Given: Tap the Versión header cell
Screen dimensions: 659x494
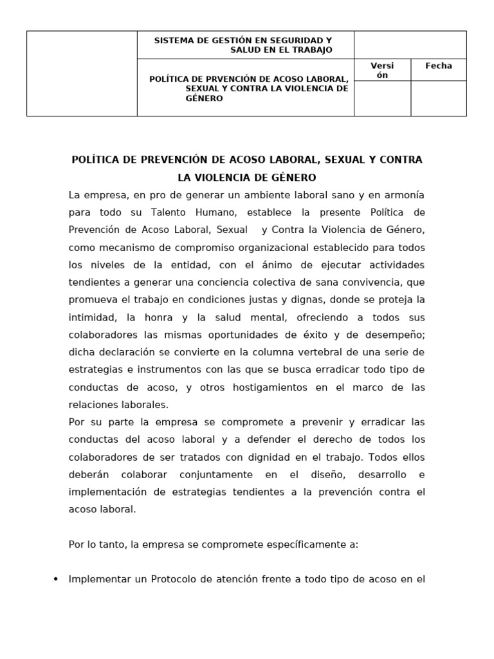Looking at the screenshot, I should tap(382, 70).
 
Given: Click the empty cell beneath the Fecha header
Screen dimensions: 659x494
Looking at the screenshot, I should tap(439, 98).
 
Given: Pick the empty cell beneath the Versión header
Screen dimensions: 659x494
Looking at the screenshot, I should tap(382, 98).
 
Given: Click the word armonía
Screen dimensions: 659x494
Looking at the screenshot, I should tap(404, 195).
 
